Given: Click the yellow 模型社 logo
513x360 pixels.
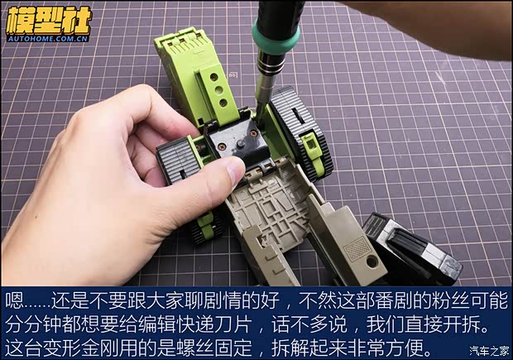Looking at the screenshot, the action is click(49, 20).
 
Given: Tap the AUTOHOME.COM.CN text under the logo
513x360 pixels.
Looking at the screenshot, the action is click(48, 39).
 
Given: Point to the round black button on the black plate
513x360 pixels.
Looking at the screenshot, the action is click(241, 144).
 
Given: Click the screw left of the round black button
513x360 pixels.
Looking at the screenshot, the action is click(223, 146).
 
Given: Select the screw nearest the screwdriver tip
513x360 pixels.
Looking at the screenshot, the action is click(253, 133).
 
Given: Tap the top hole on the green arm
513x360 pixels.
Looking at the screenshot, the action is click(214, 77).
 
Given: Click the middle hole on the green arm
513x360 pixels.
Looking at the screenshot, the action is click(218, 90).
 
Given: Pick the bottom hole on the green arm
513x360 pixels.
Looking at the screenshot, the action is click(223, 103).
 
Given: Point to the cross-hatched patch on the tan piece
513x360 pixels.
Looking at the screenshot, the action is click(357, 248).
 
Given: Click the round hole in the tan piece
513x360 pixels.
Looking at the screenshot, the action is click(372, 262).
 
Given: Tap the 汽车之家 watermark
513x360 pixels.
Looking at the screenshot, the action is click(489, 351).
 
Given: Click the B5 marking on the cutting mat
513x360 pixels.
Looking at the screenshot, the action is click(233, 75).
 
